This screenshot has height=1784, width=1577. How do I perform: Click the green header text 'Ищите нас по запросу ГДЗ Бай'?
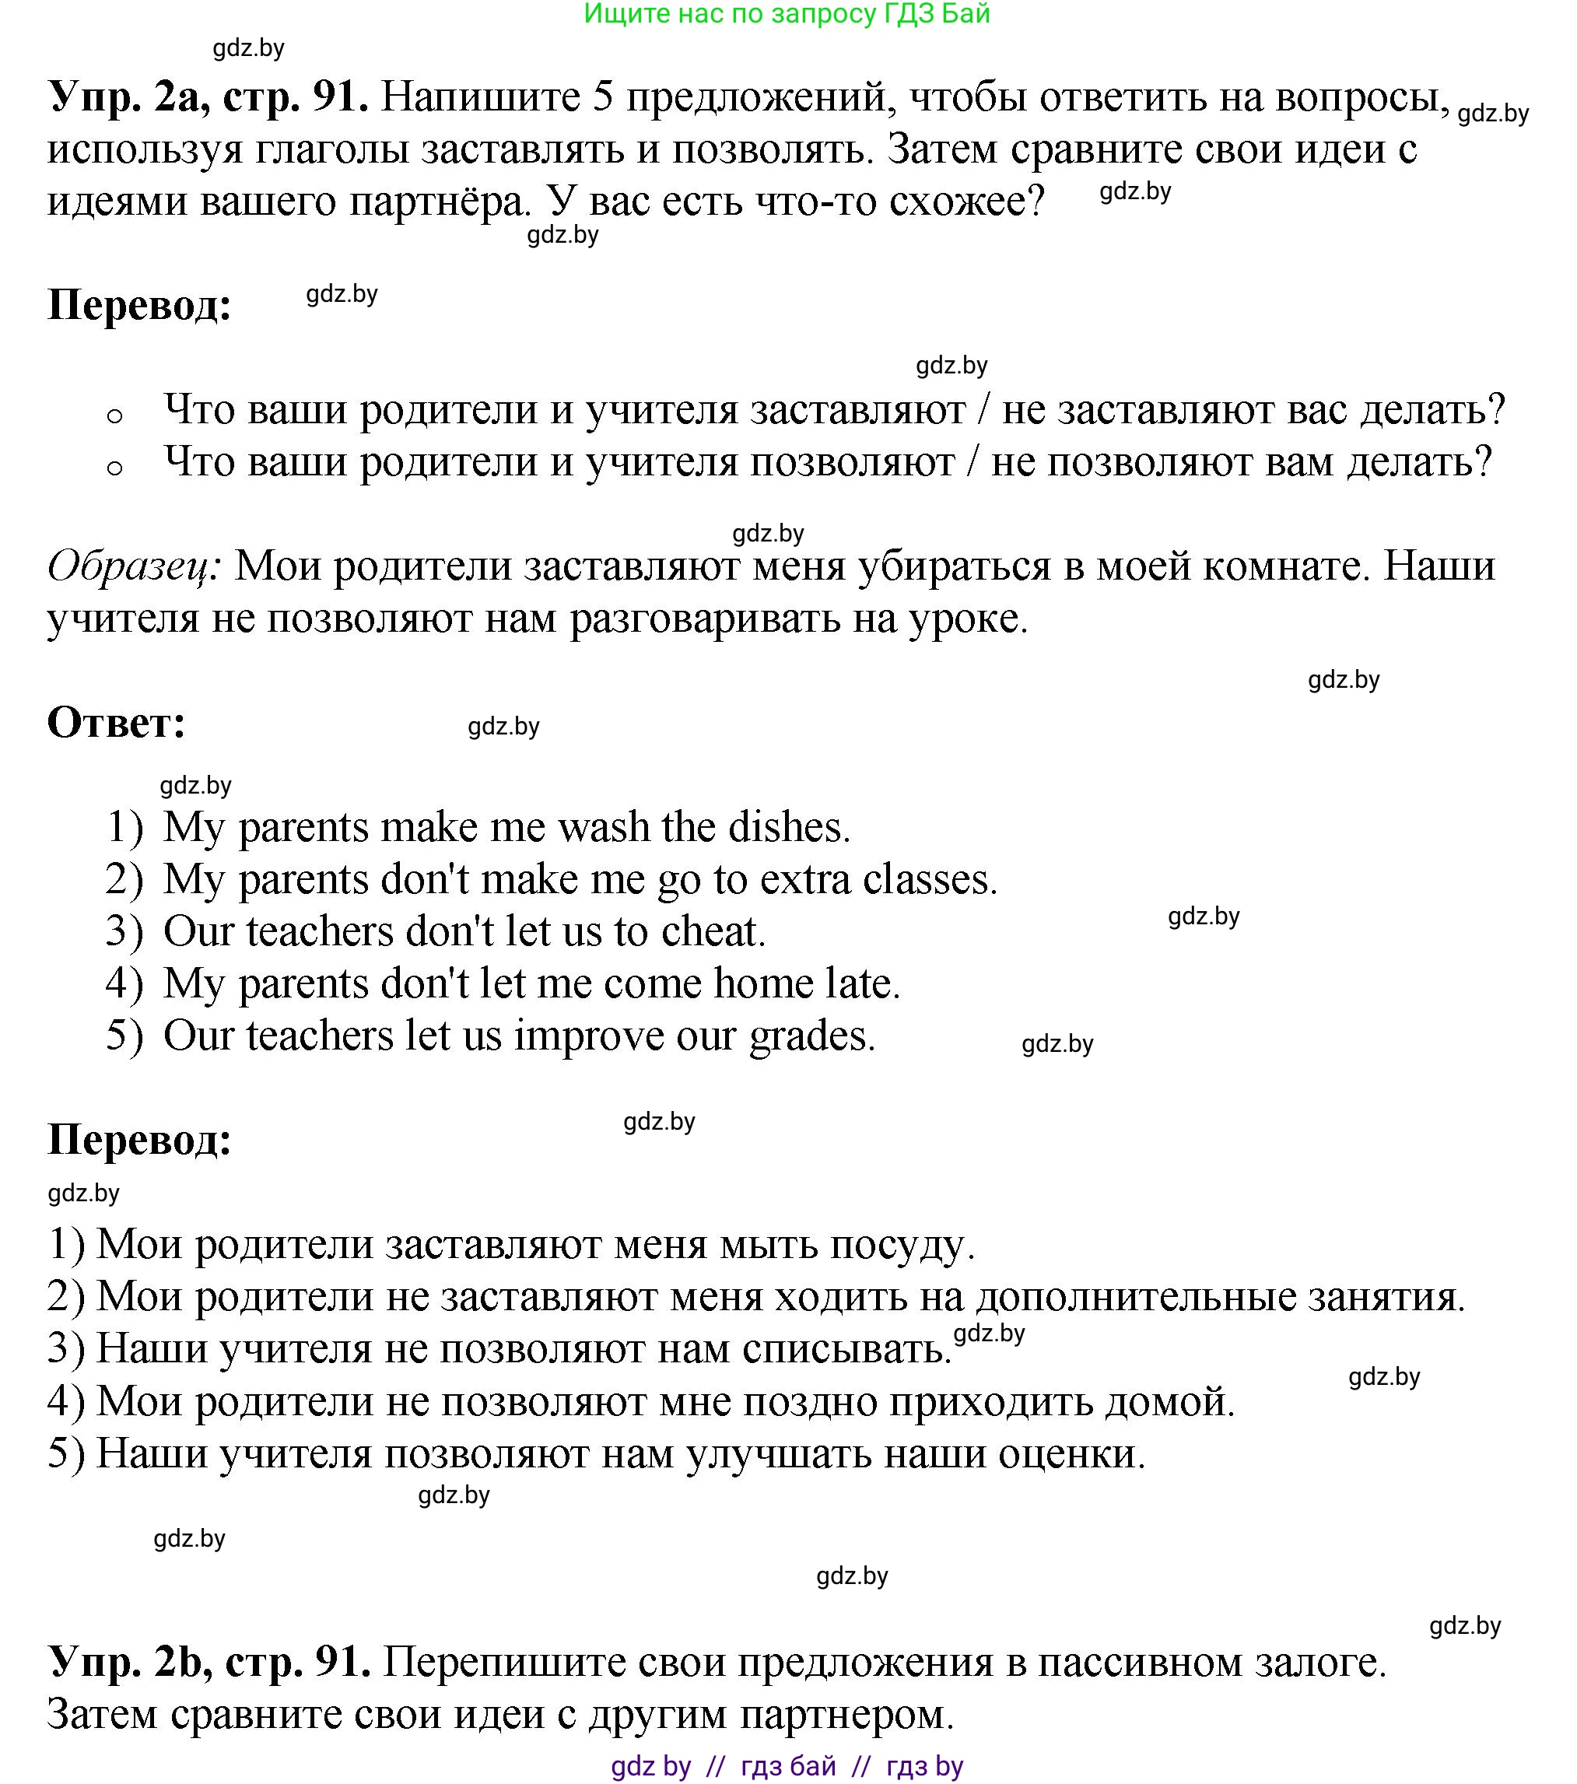tap(787, 14)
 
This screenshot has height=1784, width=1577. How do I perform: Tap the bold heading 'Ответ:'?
tap(116, 723)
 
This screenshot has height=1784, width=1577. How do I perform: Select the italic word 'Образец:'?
tap(135, 566)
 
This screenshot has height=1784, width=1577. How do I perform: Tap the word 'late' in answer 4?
tap(861, 983)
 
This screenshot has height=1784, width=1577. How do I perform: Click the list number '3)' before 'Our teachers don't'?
tap(124, 931)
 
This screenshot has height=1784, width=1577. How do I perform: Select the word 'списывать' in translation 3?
tap(846, 1348)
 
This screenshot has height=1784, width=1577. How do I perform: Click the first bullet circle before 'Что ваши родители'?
tap(114, 416)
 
